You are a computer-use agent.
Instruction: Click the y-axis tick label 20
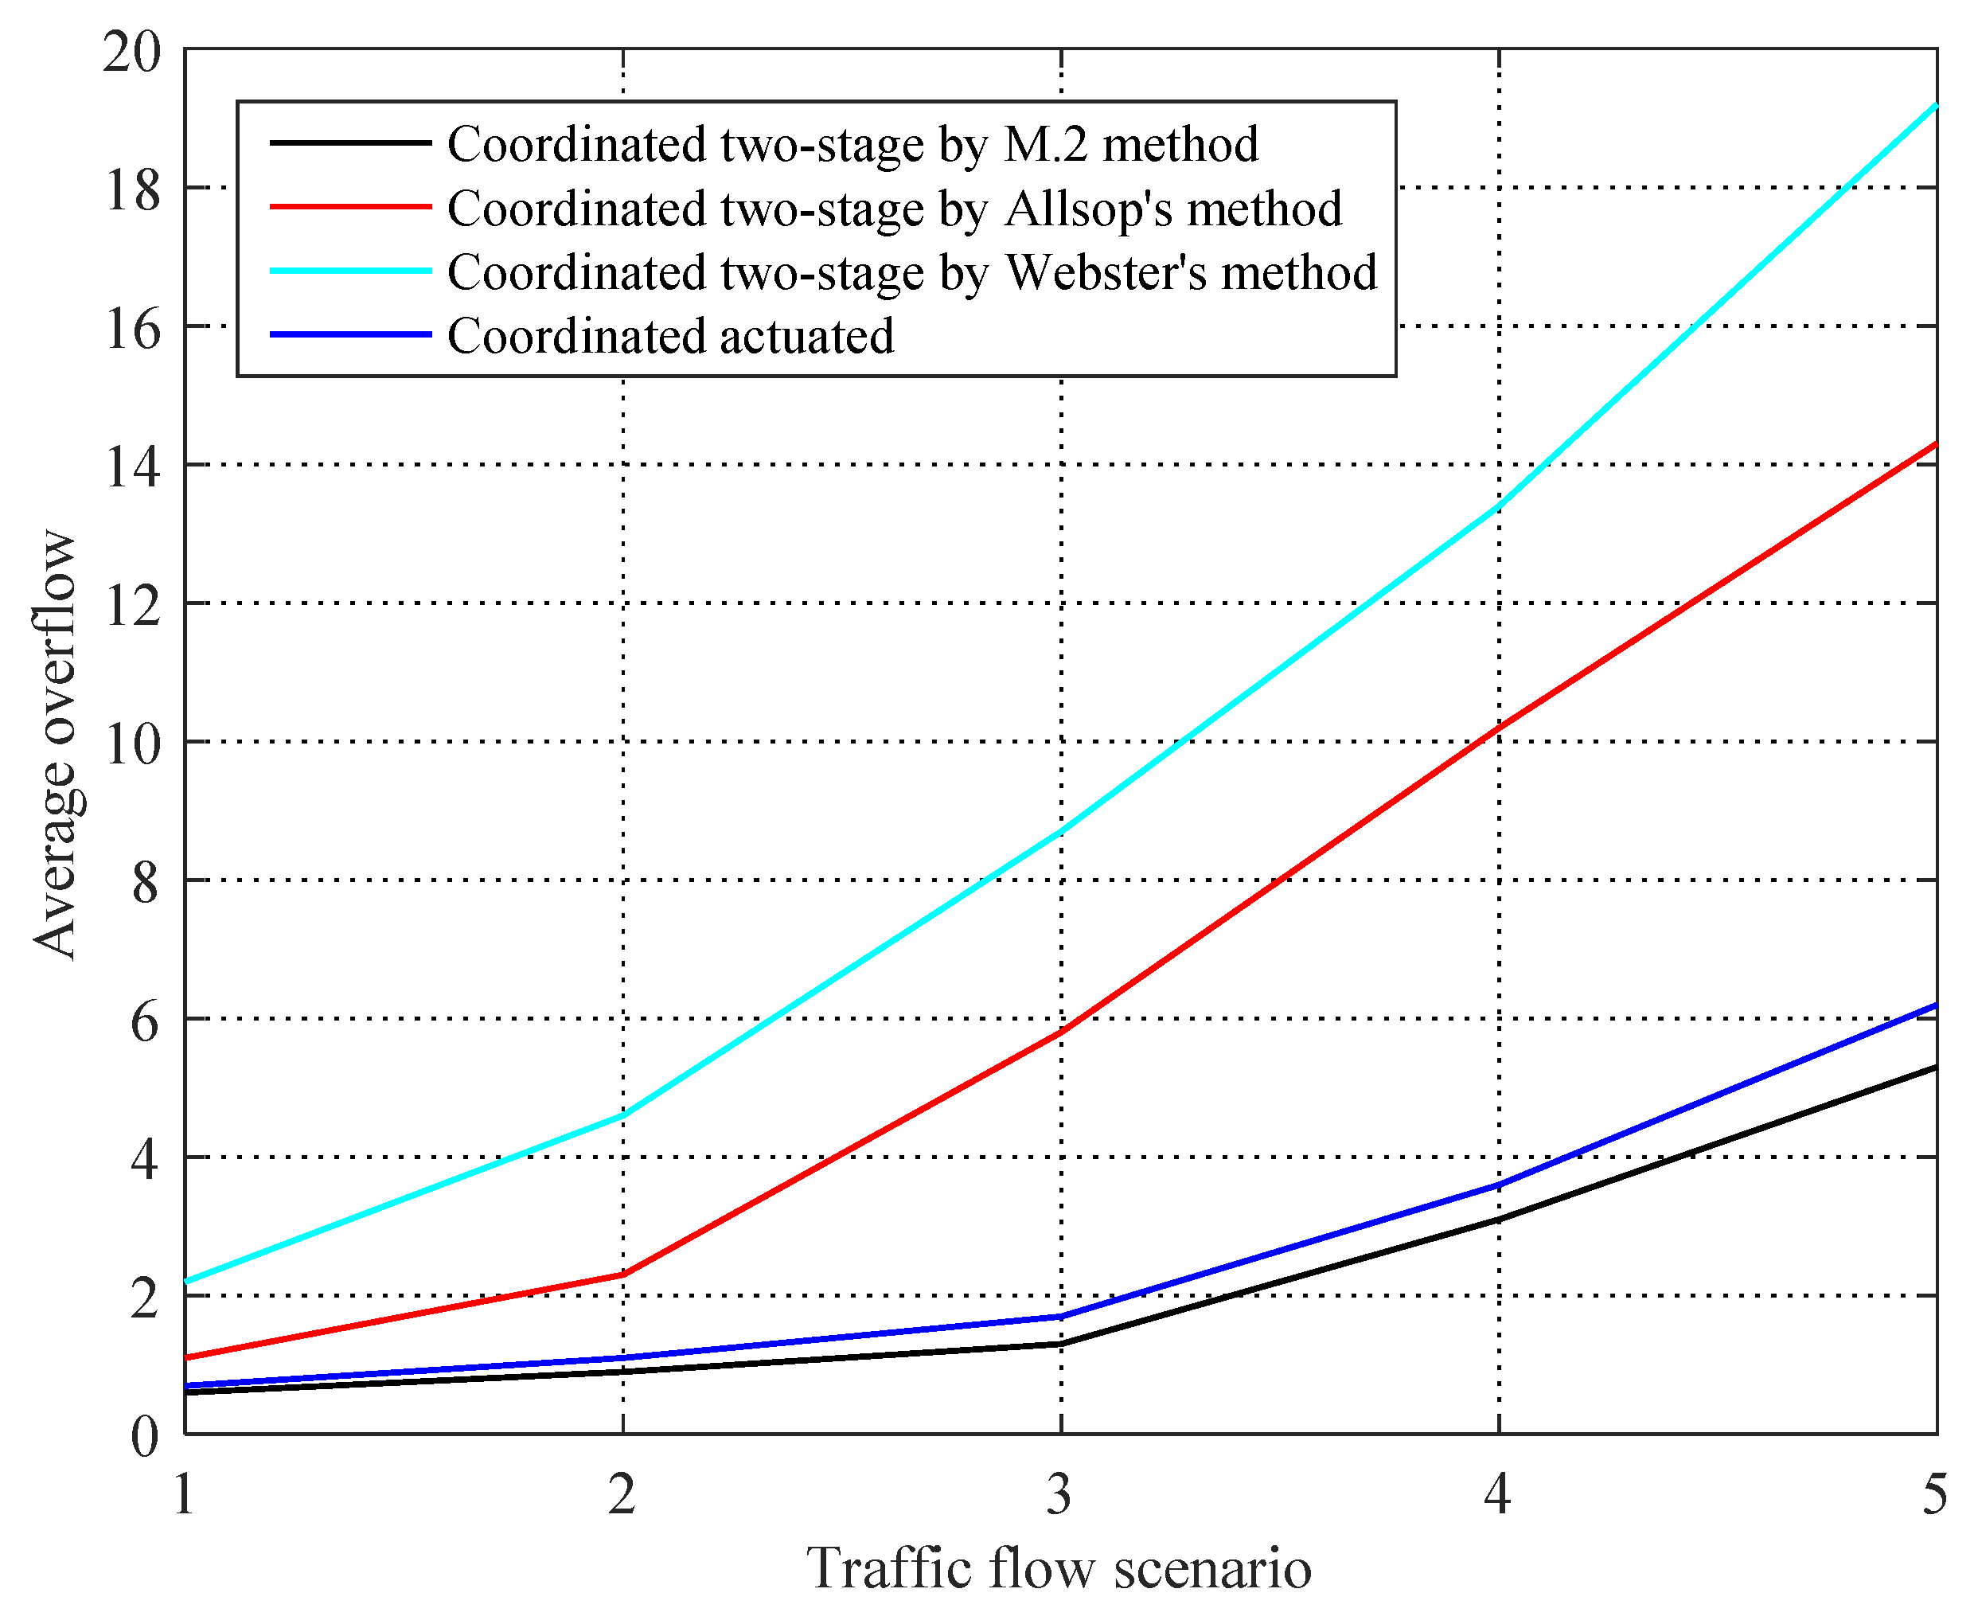point(131,51)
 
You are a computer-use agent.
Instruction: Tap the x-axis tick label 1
point(185,1494)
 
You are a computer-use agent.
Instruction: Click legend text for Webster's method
point(911,271)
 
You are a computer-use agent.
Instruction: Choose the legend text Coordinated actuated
point(670,336)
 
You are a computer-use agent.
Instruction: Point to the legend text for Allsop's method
point(894,208)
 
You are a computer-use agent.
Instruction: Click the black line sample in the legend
point(350,142)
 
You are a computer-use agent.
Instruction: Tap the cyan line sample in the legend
point(350,271)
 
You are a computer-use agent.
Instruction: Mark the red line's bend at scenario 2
point(623,1274)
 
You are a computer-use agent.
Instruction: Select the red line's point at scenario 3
point(1061,1032)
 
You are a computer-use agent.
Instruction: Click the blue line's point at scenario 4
point(1499,1185)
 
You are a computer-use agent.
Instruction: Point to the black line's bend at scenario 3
point(1061,1344)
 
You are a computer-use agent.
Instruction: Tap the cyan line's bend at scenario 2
point(623,1115)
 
